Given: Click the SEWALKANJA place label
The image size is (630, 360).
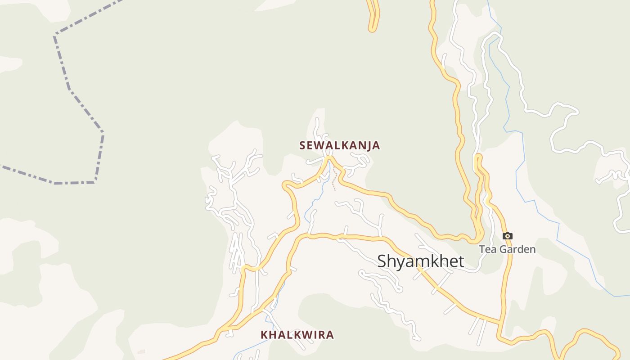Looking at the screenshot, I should (340, 145).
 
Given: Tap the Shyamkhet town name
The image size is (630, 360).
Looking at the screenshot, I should (420, 261).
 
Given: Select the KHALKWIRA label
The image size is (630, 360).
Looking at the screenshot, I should (297, 335).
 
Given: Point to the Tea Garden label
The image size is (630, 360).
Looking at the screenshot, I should (507, 249).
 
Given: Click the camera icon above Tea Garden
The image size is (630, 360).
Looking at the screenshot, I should (508, 236).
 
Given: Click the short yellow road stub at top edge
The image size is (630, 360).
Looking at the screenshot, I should (373, 18).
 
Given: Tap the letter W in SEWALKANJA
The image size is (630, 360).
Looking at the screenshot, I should (322, 145).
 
